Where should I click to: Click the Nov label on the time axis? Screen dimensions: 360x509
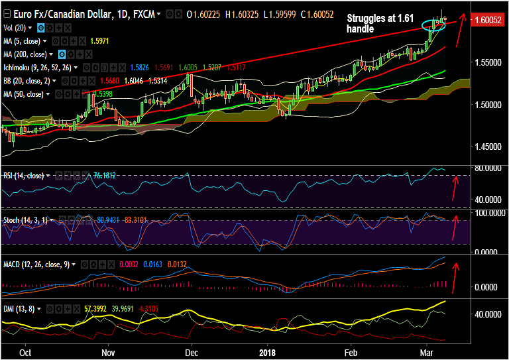point(109,353)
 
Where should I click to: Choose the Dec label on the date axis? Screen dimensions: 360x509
point(192,353)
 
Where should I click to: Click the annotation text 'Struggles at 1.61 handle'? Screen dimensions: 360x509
point(376,24)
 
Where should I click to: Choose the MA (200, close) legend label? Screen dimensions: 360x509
point(26,54)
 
